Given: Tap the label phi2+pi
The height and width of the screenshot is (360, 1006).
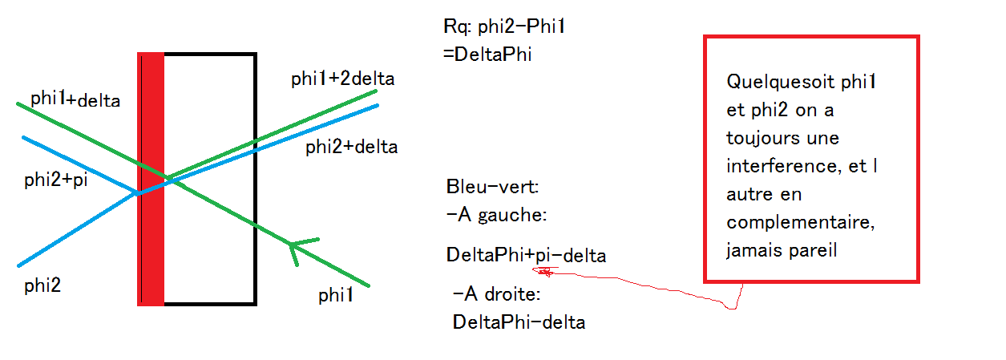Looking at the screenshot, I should pyautogui.click(x=55, y=180).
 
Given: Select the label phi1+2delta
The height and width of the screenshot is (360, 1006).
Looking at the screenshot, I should pyautogui.click(x=343, y=79).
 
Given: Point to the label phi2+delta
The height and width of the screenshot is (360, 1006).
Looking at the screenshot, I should pyautogui.click(x=351, y=148).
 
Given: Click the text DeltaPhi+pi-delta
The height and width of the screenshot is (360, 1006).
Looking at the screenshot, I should pyautogui.click(x=526, y=256).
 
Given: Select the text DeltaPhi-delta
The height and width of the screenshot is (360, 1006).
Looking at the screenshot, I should pyautogui.click(x=519, y=322).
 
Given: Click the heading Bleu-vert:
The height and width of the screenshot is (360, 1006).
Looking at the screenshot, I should pyautogui.click(x=493, y=188).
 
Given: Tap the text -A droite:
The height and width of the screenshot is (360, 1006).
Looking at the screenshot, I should pyautogui.click(x=499, y=294).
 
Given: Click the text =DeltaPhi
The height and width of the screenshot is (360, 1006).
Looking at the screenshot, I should pyautogui.click(x=487, y=55).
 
